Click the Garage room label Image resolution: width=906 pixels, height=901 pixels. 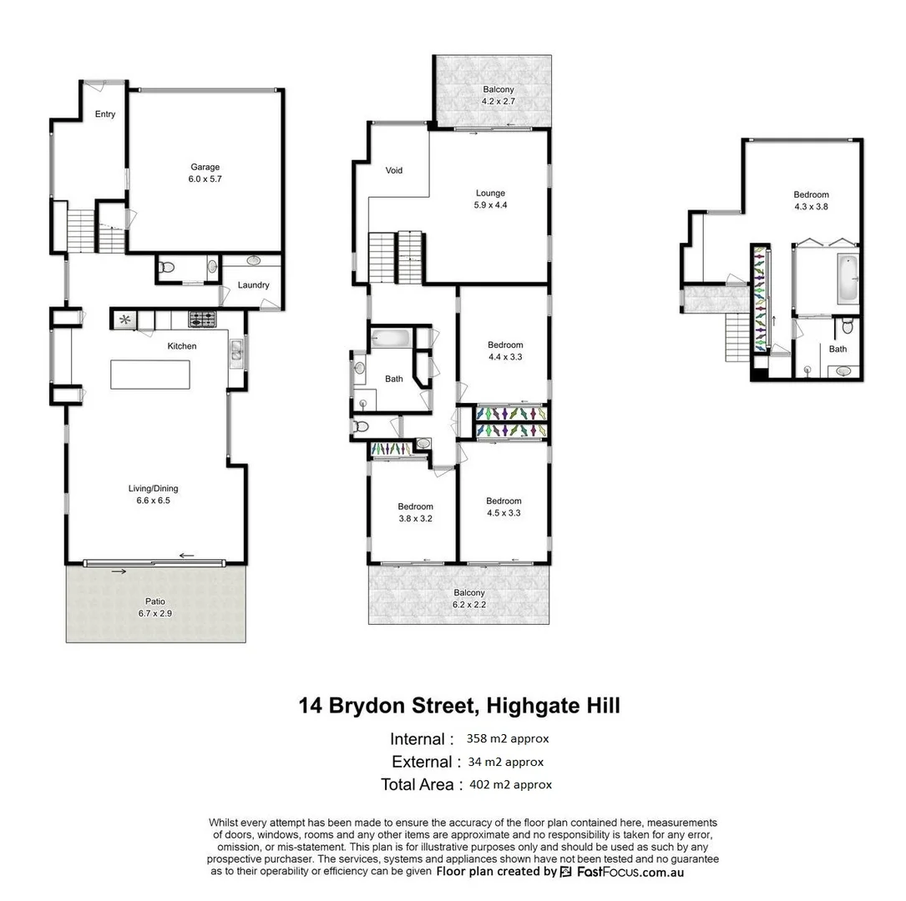(205, 173)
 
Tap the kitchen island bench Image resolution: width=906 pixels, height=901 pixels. (150, 374)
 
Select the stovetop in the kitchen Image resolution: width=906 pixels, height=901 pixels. (202, 318)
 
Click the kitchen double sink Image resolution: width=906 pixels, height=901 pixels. (236, 354)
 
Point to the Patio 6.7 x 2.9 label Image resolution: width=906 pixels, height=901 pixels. (155, 607)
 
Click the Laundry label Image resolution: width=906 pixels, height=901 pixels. (253, 285)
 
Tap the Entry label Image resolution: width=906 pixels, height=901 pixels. (105, 114)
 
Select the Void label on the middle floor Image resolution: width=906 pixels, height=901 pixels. (394, 170)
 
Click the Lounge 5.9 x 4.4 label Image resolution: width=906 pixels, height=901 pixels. (490, 199)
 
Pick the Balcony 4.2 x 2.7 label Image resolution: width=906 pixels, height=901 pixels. (498, 95)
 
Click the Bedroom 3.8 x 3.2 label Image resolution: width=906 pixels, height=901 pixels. (415, 512)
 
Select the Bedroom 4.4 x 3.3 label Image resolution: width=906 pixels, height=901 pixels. (505, 350)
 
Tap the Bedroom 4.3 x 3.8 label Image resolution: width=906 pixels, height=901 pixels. (811, 200)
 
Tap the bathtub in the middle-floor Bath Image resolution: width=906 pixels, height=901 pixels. (391, 339)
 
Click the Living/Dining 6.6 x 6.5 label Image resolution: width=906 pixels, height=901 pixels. (153, 495)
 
